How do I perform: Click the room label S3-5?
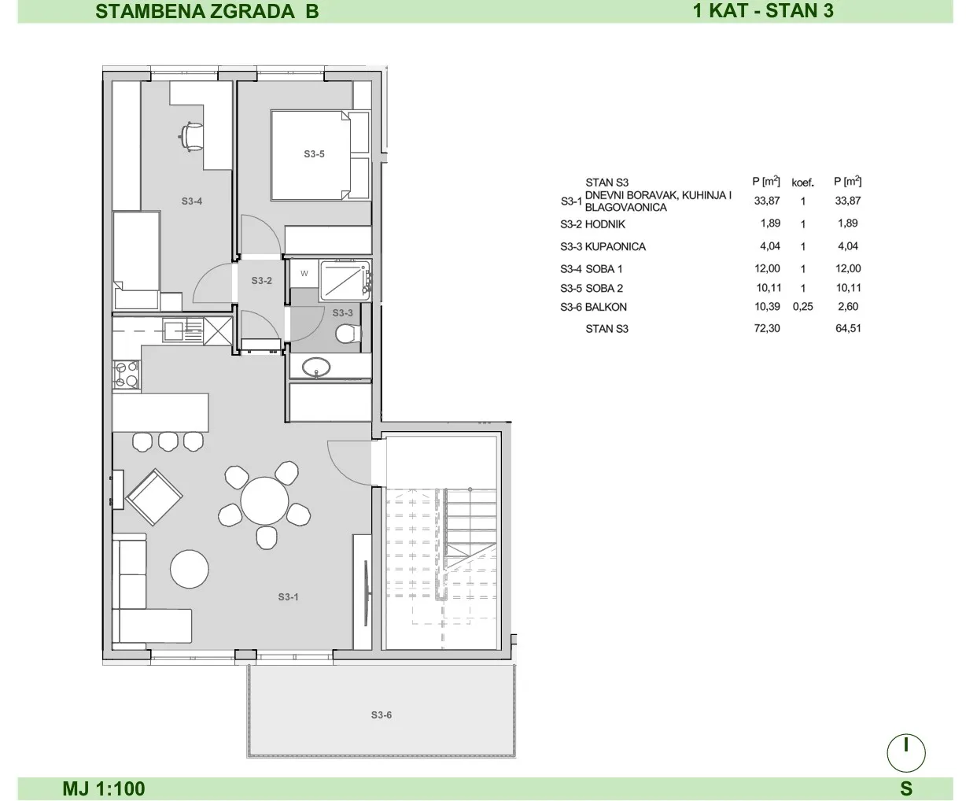pos(314,154)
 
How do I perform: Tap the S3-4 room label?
pos(191,201)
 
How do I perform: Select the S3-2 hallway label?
pos(261,280)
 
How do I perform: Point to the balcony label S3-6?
pos(382,715)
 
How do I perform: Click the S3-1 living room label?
pos(288,597)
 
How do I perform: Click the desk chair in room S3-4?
pos(190,135)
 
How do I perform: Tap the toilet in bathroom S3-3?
pos(348,334)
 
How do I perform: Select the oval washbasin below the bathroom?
pos(316,367)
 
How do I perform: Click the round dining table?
pos(264,501)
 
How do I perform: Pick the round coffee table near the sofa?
pos(190,569)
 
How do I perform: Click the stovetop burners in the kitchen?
pos(126,375)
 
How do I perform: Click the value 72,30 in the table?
pos(767,328)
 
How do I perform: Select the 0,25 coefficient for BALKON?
pos(802,306)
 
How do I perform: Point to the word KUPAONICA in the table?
pos(615,246)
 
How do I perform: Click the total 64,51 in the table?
pos(848,328)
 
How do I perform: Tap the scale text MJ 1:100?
pos(104,788)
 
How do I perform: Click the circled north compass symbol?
pos(906,753)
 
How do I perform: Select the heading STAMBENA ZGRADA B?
pos(207,11)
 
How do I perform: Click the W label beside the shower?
pos(304,274)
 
